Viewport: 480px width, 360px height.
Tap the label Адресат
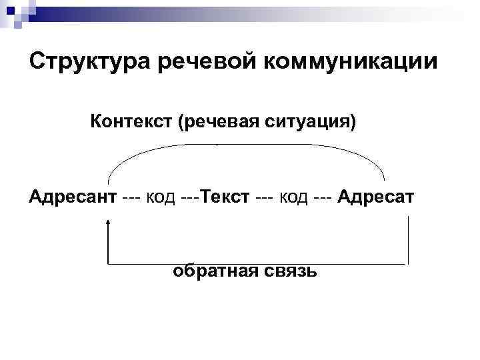click(376, 197)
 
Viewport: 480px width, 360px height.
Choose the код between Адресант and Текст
click(160, 198)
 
